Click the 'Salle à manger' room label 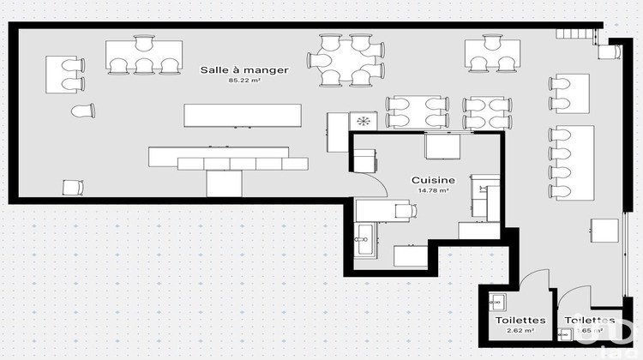click(x=244, y=69)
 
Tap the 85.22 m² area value click(x=244, y=81)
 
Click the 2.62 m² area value click(x=520, y=330)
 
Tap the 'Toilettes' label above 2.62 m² click(x=520, y=320)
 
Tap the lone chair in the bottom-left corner click(x=71, y=187)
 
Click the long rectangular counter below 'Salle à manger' click(x=243, y=116)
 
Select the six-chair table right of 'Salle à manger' click(x=348, y=61)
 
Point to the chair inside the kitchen click(x=402, y=210)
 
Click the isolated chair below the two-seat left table click(x=82, y=111)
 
